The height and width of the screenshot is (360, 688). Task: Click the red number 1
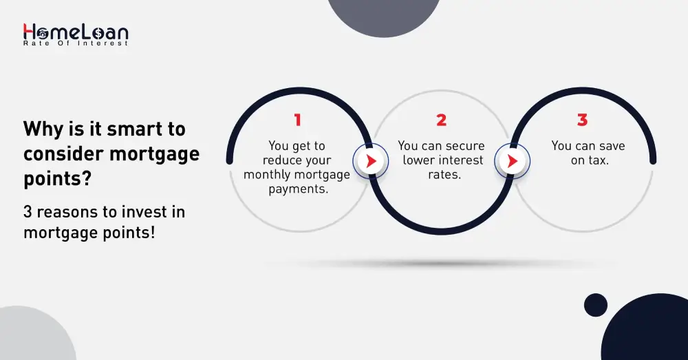coord(297,120)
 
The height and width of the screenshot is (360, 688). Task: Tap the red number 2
coord(441,120)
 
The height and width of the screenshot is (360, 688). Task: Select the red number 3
coord(582,120)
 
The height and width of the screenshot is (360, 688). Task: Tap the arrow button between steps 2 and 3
coord(512,162)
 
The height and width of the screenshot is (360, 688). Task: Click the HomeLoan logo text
coord(76,32)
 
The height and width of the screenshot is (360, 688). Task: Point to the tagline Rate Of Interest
coord(76,43)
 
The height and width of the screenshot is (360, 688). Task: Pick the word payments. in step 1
coord(297,188)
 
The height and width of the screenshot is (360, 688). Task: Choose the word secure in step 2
coord(462,146)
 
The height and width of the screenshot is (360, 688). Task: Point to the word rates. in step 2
coord(441,174)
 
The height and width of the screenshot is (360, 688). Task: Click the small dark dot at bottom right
coord(595,305)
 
